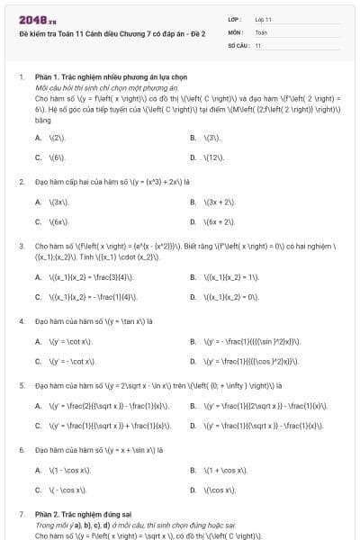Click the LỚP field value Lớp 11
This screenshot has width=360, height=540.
(263, 19)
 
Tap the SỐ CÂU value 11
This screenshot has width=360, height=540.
(258, 44)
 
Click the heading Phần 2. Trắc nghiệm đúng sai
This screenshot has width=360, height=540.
(86, 514)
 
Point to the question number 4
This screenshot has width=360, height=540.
(21, 320)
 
